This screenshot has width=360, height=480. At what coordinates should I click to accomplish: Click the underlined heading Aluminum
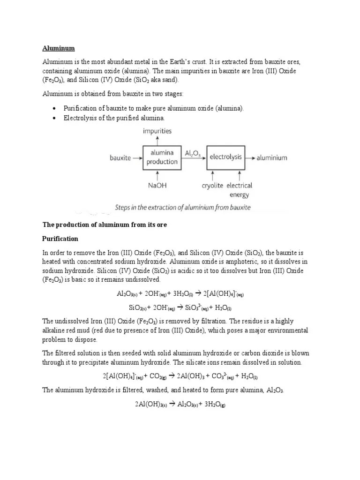(59, 48)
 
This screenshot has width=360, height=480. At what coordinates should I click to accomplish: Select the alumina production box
(162, 157)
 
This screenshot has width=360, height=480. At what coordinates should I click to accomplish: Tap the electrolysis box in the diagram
(226, 157)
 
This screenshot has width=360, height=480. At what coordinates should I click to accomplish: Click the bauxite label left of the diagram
(120, 158)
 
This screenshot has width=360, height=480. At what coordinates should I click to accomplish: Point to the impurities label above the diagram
(157, 131)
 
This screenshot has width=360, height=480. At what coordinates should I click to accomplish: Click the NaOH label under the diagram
(157, 185)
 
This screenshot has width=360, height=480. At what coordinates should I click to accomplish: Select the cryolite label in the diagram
(213, 186)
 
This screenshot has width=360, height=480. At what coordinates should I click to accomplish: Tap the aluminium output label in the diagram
(271, 158)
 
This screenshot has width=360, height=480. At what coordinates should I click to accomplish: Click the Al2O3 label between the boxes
(193, 153)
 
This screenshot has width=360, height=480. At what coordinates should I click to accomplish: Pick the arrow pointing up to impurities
(157, 140)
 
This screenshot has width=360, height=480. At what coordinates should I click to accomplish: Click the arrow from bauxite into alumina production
(137, 158)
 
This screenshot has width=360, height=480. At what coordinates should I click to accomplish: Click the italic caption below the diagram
(183, 207)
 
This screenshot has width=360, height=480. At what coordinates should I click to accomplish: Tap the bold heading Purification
(60, 239)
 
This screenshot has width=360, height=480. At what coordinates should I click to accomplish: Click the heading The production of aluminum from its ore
(105, 225)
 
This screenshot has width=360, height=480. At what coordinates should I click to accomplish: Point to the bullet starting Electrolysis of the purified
(114, 118)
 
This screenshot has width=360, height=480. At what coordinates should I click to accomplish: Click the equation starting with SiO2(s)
(180, 308)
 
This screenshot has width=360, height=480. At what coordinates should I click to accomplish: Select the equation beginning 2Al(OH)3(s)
(180, 405)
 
